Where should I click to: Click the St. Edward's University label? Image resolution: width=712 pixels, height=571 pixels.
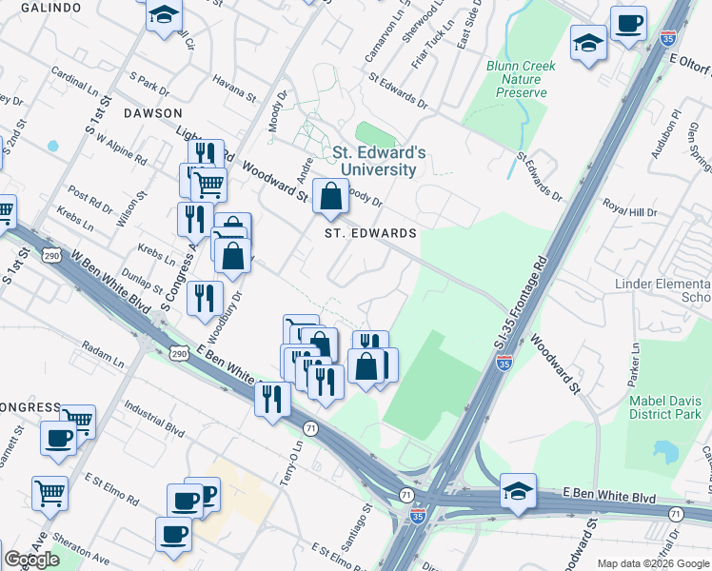[374, 161]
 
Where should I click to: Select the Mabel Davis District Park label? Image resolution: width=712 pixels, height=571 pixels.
[665, 407]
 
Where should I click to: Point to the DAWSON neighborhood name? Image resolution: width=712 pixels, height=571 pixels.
[152, 112]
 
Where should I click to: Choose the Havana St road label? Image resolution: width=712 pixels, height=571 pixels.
[235, 89]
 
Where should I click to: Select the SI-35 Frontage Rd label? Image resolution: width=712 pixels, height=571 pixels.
[520, 310]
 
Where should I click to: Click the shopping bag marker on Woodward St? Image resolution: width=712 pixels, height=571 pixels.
[330, 197]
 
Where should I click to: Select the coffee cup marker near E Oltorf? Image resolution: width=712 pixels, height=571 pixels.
[627, 23]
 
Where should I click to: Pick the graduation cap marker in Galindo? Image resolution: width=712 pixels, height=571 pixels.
[165, 15]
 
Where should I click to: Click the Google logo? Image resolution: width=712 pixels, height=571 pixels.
[31, 560]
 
